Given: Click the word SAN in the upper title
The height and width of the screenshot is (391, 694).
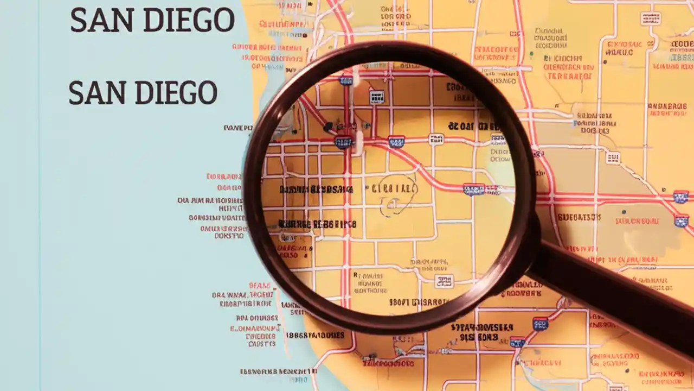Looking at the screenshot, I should [95, 21].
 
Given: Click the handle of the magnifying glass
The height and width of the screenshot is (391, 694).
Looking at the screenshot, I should [613, 296].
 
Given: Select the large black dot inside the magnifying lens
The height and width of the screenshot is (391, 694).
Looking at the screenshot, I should [328, 127].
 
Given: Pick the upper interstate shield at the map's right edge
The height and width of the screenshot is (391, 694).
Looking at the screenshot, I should [681, 197].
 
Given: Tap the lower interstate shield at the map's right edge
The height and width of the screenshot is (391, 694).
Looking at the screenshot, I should [682, 220].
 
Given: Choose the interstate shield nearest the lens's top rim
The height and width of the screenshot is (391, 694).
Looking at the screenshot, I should [345, 80].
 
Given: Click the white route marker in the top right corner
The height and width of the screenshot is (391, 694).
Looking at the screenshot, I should [650, 18].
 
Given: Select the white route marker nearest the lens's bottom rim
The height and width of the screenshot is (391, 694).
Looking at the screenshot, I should [444, 281].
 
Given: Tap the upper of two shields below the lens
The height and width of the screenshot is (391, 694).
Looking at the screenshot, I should [540, 324].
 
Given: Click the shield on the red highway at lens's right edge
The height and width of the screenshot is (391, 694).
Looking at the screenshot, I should [473, 189].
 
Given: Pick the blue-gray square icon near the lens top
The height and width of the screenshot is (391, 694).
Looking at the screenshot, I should [376, 97].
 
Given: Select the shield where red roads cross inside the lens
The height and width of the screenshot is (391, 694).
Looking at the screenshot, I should [343, 142].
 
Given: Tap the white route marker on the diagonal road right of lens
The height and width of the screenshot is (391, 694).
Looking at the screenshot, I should [613, 157].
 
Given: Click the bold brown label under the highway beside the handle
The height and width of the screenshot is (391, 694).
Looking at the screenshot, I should [579, 217].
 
